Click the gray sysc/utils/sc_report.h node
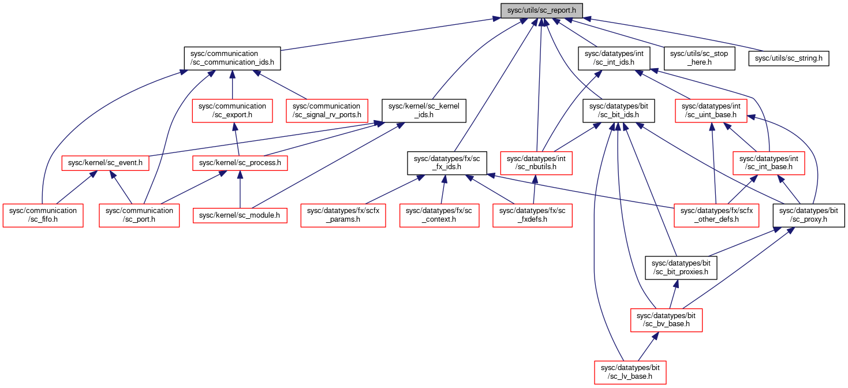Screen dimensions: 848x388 pyautogui.click(x=541, y=10)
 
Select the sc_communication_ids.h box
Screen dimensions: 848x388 pyautogui.click(x=233, y=58)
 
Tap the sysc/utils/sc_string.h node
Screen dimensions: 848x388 pyautogui.click(x=789, y=58)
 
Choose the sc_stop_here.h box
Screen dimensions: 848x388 pyautogui.click(x=699, y=58)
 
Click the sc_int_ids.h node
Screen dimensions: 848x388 pyautogui.click(x=614, y=58)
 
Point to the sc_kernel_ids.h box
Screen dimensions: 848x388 pyautogui.click(x=424, y=110)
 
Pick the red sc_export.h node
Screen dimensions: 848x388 pyautogui.click(x=233, y=110)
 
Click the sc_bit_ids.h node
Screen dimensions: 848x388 pyautogui.click(x=619, y=110)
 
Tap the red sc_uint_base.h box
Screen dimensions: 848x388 pyautogui.click(x=711, y=110)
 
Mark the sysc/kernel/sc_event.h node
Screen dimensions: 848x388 pyautogui.click(x=105, y=163)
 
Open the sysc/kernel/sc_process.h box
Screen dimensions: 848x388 pyautogui.click(x=240, y=163)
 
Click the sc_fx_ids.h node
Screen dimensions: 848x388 pyautogui.click(x=447, y=163)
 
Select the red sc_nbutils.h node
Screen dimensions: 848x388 pyautogui.click(x=536, y=163)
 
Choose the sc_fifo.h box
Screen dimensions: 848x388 pyautogui.click(x=43, y=215)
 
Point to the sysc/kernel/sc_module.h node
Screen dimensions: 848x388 pyautogui.click(x=240, y=215)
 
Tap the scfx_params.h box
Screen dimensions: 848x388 pyautogui.click(x=343, y=215)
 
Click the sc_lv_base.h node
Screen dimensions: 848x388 pyautogui.click(x=630, y=372)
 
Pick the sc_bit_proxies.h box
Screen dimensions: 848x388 pyautogui.click(x=681, y=268)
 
